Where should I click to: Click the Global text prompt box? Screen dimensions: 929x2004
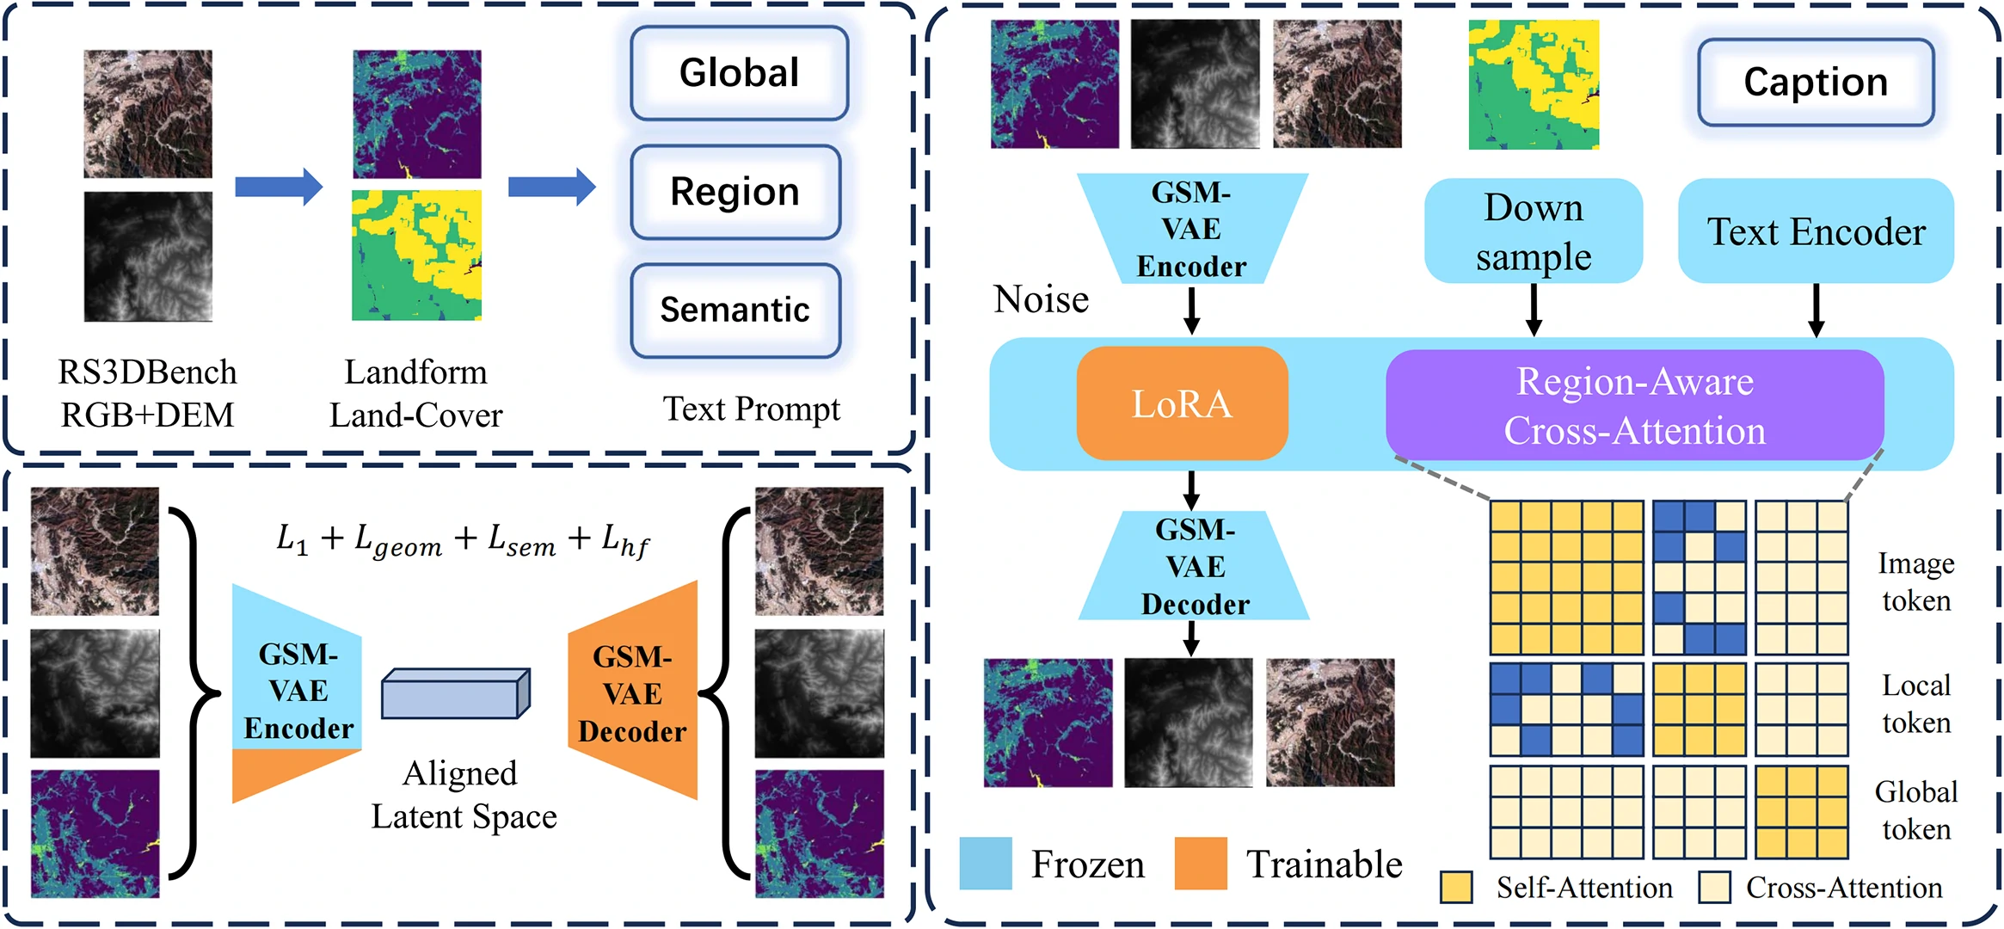(x=739, y=73)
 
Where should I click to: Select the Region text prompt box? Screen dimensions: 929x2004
(x=735, y=192)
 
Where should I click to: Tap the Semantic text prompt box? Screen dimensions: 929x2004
(x=735, y=310)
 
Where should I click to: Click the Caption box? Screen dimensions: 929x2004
(x=1816, y=83)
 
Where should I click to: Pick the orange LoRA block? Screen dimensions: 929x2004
(x=1182, y=403)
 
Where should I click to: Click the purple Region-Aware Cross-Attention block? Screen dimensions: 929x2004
(x=1634, y=405)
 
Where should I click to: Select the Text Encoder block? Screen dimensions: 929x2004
(x=1816, y=231)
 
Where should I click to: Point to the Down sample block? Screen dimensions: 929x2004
(x=1534, y=231)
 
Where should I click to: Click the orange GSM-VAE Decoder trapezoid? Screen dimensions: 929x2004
(x=633, y=692)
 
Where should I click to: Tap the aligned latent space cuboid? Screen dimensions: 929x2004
(x=455, y=693)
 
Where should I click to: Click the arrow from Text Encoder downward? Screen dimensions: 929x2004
(x=1816, y=311)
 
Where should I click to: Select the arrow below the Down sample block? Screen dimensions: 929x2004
(x=1534, y=311)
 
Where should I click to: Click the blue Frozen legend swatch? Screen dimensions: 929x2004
(x=986, y=863)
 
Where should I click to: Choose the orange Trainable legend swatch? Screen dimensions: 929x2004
(x=1201, y=863)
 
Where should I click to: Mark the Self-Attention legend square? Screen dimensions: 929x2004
(x=1456, y=887)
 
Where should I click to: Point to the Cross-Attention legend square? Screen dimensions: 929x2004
(x=1715, y=887)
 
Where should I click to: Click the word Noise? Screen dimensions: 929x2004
(x=1041, y=299)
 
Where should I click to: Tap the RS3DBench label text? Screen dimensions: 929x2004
(x=147, y=372)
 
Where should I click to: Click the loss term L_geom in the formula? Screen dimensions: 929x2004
(x=398, y=541)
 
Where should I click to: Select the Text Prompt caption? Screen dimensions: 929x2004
(x=751, y=409)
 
